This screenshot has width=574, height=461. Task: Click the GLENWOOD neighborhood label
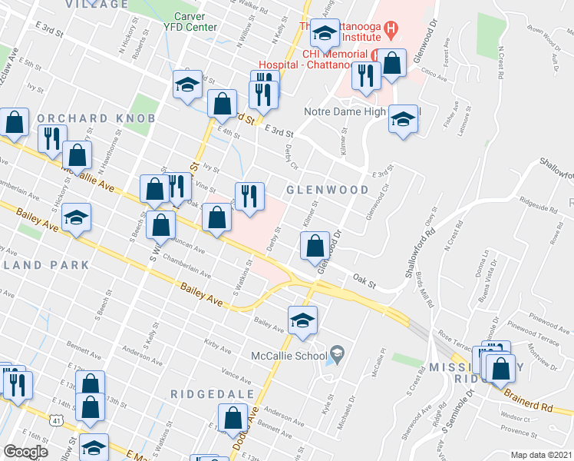click(x=320, y=189)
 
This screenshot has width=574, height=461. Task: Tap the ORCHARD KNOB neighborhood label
click(x=96, y=118)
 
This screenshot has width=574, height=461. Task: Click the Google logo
click(x=26, y=451)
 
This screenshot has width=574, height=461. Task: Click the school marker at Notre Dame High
click(x=402, y=119)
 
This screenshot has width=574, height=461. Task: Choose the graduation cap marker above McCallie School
click(x=303, y=320)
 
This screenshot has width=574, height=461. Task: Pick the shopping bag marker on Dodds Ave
click(x=233, y=420)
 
